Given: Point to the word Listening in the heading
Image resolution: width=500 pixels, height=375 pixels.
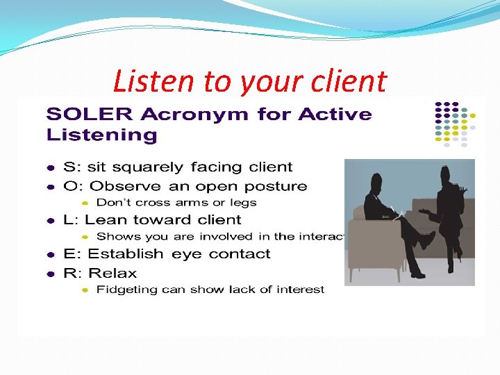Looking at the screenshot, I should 101,135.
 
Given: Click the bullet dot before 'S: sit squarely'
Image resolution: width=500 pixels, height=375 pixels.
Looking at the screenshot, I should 51,168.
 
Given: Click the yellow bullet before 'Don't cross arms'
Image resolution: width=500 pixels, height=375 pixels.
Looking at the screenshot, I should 84,203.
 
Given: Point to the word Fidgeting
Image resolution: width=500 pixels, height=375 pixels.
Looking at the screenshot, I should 127,290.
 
